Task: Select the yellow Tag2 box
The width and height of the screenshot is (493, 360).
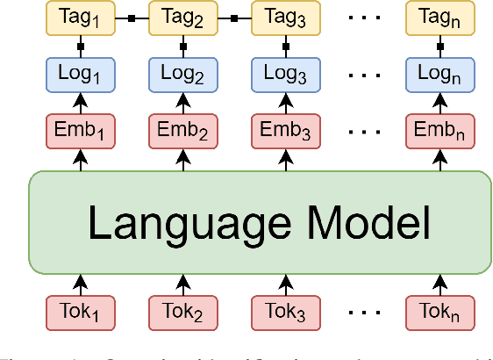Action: coord(183,18)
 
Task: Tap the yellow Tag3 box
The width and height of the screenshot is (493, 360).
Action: coord(285,18)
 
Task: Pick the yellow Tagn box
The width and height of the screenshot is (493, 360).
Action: coord(439,18)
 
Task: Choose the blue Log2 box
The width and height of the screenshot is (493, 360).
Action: coord(183,75)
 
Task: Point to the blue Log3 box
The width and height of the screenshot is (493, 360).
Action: coord(285,75)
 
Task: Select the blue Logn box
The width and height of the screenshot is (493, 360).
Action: coord(439,75)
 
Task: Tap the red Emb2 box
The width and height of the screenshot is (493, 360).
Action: coord(183,132)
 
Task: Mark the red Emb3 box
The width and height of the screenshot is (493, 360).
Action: coord(285,132)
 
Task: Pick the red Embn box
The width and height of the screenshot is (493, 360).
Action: coord(439,132)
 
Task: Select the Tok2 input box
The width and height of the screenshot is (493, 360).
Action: coord(183,311)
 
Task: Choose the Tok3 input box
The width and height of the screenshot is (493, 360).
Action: coord(285,311)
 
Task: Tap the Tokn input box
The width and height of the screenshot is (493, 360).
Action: coord(439,311)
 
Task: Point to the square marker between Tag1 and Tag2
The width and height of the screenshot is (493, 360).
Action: coord(132,18)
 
